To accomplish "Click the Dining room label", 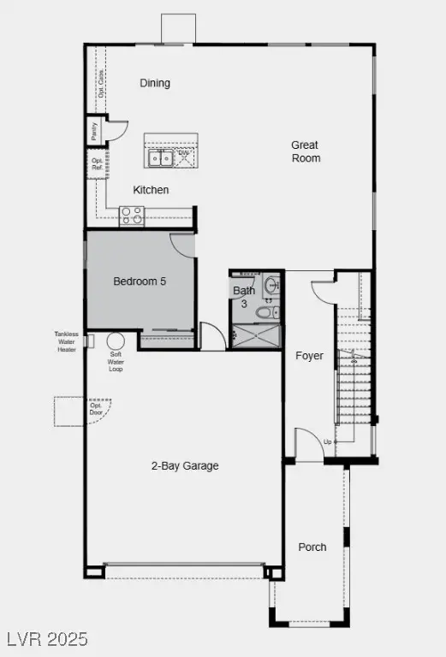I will pyautogui.click(x=155, y=83).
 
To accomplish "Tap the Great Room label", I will pyautogui.click(x=306, y=151).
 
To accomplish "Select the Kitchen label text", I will pyautogui.click(x=151, y=190).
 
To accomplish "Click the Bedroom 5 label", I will pyautogui.click(x=140, y=281).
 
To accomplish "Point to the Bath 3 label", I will pyautogui.click(x=244, y=297).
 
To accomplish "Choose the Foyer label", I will pyautogui.click(x=309, y=355).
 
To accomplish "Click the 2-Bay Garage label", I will pyautogui.click(x=185, y=466).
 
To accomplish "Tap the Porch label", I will pyautogui.click(x=312, y=547).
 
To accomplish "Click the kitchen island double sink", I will pyautogui.click(x=159, y=157).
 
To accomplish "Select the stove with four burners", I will pyautogui.click(x=132, y=215).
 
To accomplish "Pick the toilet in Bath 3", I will pyautogui.click(x=264, y=312).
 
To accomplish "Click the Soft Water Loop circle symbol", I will pyautogui.click(x=114, y=339).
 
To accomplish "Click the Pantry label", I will pyautogui.click(x=92, y=132).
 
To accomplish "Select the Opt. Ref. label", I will pyautogui.click(x=97, y=163).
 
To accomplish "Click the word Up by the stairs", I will pyautogui.click(x=327, y=442).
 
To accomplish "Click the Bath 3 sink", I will pyautogui.click(x=270, y=284).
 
